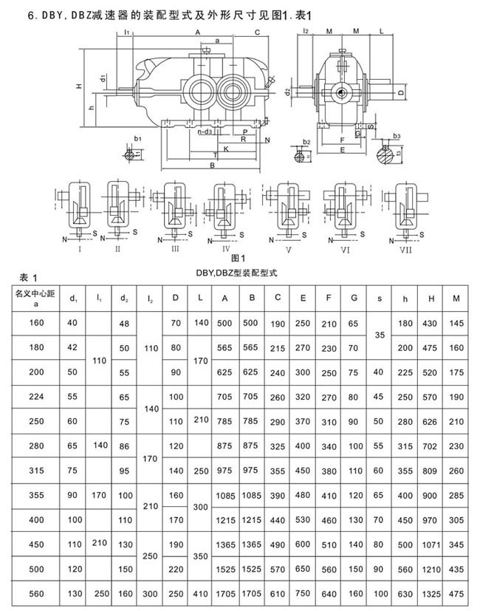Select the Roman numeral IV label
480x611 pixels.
tap(224, 249)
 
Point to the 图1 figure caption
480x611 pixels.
tap(237, 259)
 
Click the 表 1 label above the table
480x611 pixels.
tap(28, 277)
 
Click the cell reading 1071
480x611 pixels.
tap(431, 544)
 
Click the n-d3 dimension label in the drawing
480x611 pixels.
tap(205, 132)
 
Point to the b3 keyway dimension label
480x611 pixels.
tap(396, 136)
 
